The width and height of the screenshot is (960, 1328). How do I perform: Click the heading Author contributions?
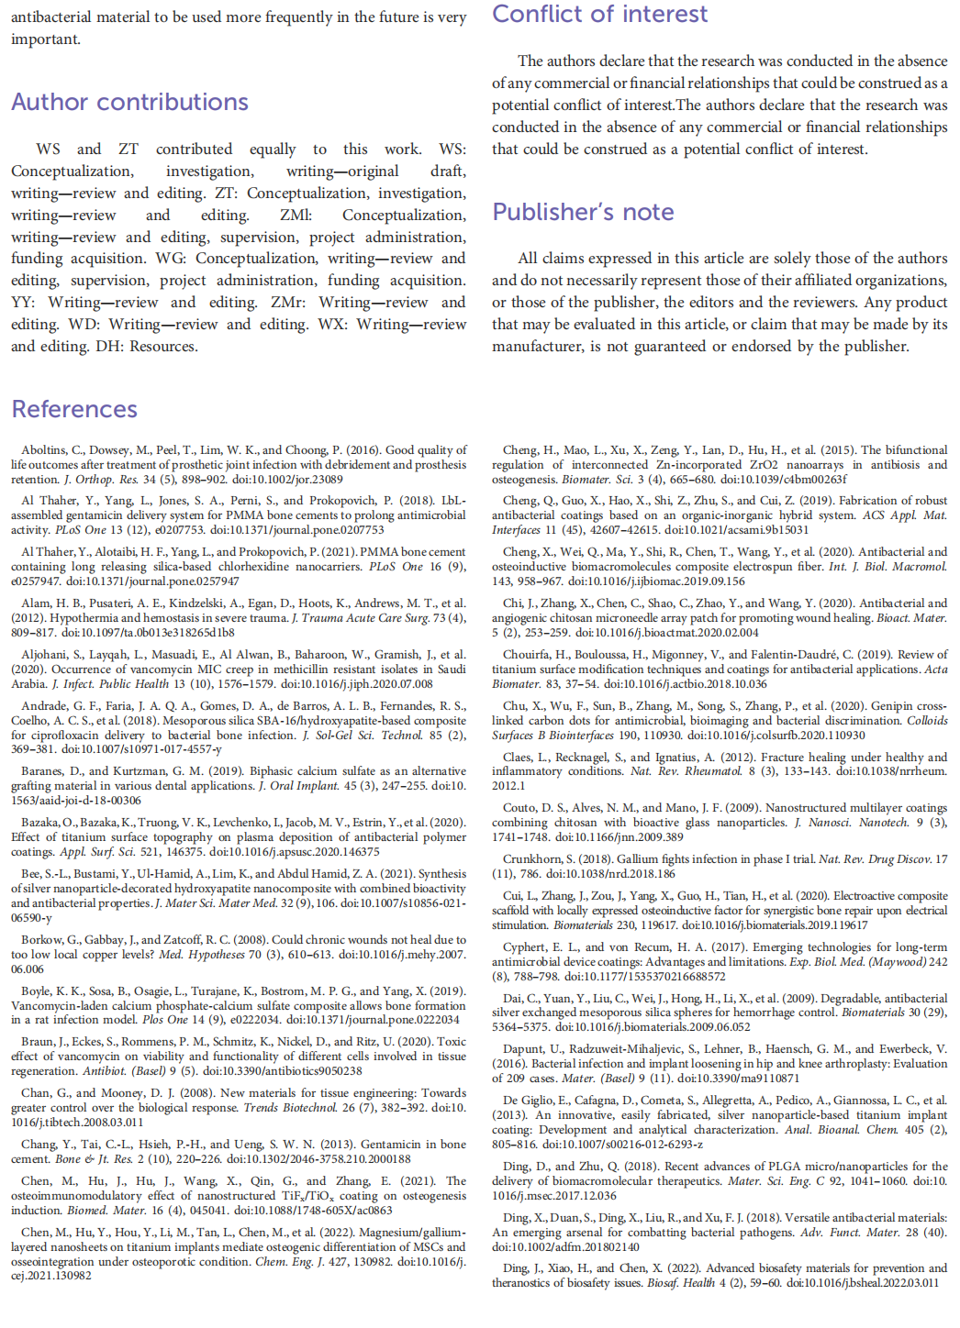pyautogui.click(x=129, y=102)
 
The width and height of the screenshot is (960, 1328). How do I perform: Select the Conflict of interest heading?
pyautogui.click(x=599, y=15)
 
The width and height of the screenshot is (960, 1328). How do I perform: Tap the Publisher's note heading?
pyautogui.click(x=583, y=212)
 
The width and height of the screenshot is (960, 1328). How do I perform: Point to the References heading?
pyautogui.click(x=74, y=409)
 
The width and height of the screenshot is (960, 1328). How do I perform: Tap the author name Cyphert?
pyautogui.click(x=524, y=947)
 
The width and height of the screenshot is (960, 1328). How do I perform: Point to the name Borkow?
pyautogui.click(x=42, y=940)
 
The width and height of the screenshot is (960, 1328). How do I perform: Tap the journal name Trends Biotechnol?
pyautogui.click(x=287, y=1108)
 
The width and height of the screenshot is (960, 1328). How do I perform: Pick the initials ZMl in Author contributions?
pyautogui.click(x=296, y=216)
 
